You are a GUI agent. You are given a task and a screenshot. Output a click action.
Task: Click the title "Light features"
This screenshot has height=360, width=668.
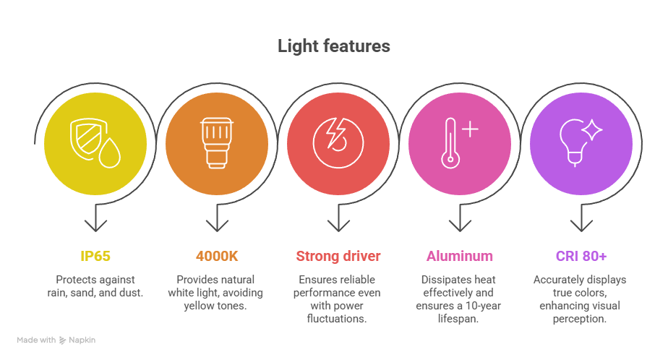333,46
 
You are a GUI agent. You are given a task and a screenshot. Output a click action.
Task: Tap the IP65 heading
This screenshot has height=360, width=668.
95,256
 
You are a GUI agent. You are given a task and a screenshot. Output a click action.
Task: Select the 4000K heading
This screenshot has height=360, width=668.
217,256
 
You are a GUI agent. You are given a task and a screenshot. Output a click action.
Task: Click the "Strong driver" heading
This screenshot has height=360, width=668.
338,256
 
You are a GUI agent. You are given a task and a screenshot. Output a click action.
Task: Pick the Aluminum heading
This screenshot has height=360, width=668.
460,256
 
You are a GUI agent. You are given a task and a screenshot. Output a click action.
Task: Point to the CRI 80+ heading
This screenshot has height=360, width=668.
581,256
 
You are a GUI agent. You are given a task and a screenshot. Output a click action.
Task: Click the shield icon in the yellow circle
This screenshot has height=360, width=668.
87,139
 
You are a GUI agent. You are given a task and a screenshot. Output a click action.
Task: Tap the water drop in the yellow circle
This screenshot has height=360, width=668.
109,153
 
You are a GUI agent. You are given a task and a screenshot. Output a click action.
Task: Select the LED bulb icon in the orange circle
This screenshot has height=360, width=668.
218,143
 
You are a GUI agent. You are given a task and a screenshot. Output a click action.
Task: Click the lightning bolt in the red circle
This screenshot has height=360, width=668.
335,133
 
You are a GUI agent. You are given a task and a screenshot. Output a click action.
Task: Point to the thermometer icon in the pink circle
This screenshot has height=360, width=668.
450,143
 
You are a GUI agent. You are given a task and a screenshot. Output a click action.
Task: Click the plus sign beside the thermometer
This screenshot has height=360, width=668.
470,129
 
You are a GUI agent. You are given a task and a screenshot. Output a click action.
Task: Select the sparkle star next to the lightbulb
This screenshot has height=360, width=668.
592,130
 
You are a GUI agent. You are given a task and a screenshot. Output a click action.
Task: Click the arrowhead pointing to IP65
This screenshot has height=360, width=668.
95,225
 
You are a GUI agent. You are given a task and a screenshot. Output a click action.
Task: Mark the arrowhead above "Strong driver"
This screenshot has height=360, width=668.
338,225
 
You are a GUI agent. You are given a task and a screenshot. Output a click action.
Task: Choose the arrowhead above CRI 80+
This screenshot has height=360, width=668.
581,225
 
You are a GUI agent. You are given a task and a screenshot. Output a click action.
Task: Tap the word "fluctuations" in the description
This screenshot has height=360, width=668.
335,319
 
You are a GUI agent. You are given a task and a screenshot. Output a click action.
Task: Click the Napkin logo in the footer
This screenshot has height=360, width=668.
63,340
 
